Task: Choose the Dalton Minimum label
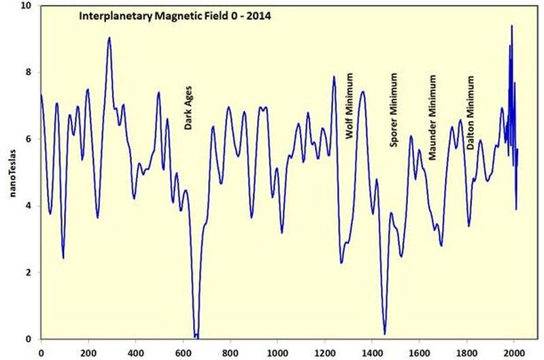coord(470,110)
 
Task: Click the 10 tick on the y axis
coord(27,6)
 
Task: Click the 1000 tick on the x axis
coord(277,352)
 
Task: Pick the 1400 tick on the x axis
coord(372,352)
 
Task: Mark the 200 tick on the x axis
coord(88,352)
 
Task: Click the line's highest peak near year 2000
coord(511,26)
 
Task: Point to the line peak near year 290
coord(109,38)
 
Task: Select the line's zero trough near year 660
coord(197,336)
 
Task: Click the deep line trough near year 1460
coord(385,333)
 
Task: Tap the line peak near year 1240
coord(334,77)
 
